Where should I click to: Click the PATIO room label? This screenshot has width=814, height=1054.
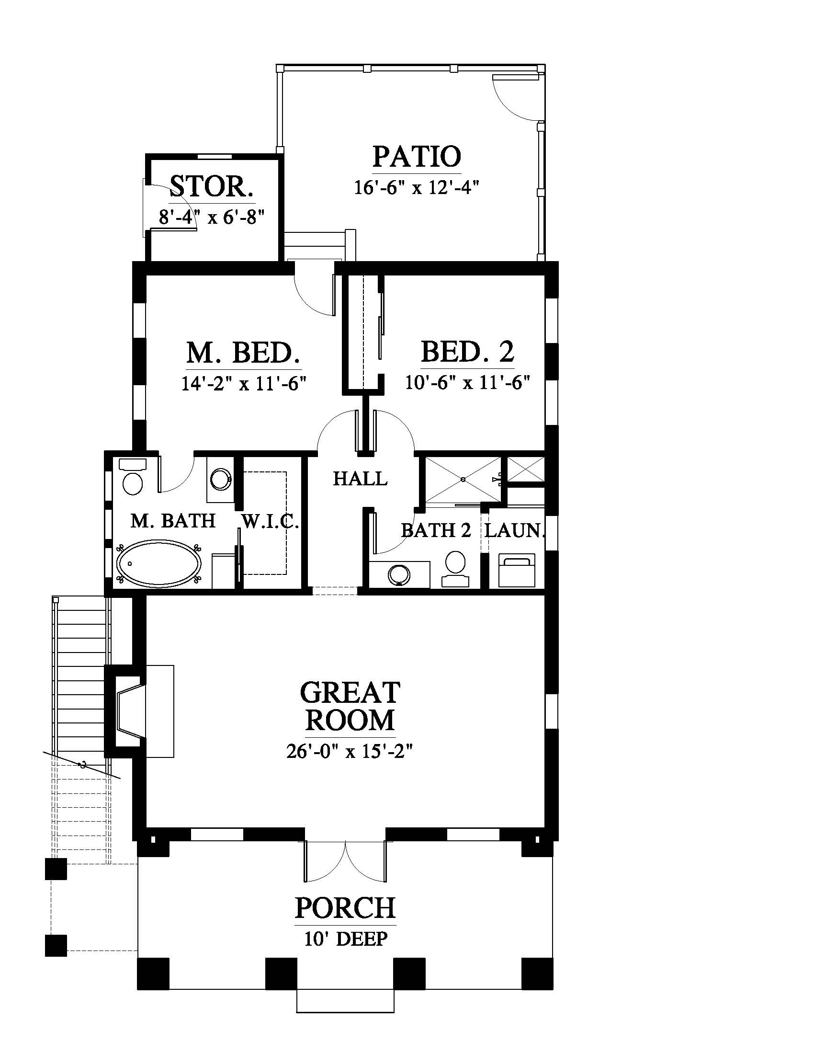point(417,156)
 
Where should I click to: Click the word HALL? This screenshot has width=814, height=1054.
point(360,479)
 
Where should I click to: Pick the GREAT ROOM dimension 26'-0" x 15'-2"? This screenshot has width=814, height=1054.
point(350,751)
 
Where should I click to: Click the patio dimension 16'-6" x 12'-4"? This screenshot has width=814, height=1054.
point(417,187)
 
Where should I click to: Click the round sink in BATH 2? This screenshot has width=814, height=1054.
point(399,575)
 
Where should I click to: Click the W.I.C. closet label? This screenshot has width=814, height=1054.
point(270,522)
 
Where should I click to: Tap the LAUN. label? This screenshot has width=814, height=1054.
point(515,530)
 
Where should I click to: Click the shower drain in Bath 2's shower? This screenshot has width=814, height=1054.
point(463,480)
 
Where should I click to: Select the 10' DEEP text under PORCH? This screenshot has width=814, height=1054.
point(346,939)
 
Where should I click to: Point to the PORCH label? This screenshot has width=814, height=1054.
point(345,908)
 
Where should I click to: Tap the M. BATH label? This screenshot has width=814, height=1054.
point(173,521)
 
